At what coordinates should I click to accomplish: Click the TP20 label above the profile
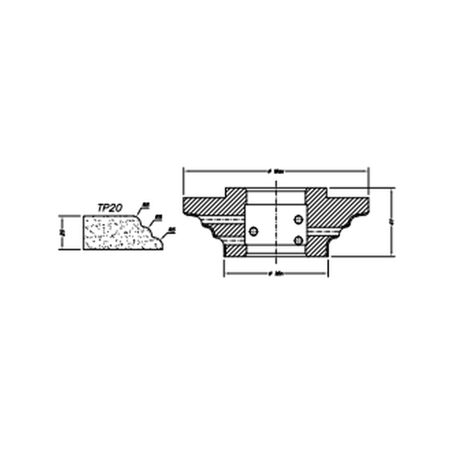pos(110,207)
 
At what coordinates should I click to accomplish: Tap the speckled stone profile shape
pos(116,232)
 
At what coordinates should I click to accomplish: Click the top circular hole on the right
pos(298,219)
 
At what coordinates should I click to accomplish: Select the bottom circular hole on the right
pos(298,240)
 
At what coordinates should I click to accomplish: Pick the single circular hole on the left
pos(254,231)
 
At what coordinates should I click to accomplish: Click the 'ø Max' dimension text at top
pos(276,171)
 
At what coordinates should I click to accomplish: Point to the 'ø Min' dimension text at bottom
pos(276,274)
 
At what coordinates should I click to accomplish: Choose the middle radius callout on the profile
pos(158,218)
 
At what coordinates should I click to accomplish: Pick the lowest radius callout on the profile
pos(171,230)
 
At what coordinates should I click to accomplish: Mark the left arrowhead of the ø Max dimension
pos(186,171)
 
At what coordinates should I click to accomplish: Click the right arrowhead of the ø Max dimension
pos(366,171)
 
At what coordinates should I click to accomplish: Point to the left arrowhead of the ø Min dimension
pos(226,274)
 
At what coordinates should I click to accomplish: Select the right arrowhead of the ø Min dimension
pos(325,274)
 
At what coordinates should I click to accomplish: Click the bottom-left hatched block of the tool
pos(235,250)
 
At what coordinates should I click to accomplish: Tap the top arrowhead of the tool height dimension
pos(392,190)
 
